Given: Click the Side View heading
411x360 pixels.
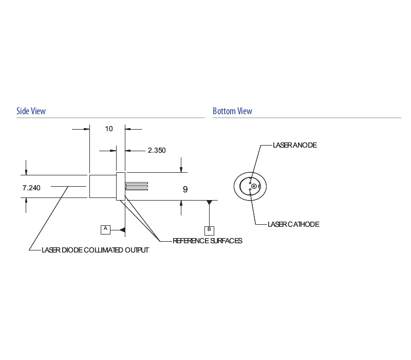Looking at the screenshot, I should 31,111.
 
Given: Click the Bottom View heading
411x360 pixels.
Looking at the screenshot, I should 232,111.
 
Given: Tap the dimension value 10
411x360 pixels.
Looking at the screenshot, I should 109,129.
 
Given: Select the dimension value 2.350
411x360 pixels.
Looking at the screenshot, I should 157,150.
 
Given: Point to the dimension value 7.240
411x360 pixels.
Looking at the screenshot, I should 31,188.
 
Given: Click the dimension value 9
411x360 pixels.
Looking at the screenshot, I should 185,189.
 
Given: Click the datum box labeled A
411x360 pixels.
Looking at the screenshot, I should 105,229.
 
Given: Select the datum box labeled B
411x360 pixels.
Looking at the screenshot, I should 209,230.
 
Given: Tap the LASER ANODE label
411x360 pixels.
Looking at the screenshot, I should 295,145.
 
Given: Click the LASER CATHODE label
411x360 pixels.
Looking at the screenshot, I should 294,224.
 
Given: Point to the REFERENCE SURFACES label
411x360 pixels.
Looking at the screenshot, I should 207,241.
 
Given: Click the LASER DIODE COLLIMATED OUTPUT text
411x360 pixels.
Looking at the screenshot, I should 96,250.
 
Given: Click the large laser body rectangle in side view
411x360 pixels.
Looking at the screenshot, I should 103,186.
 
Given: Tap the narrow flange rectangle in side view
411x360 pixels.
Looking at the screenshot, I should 121,186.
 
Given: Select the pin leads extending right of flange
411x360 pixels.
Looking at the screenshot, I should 137,186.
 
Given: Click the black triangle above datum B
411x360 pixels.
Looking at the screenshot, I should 209,203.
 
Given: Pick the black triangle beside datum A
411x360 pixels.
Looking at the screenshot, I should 122,229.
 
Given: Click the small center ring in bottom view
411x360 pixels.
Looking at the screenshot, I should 254,186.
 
